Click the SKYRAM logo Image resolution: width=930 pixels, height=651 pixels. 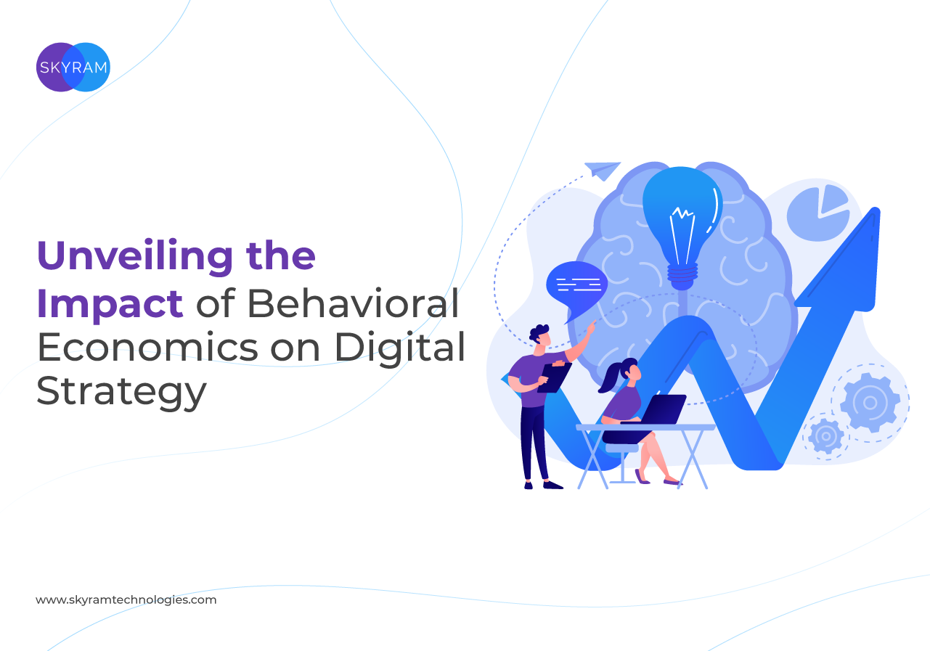(x=73, y=67)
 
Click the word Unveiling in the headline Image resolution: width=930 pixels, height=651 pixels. (x=135, y=257)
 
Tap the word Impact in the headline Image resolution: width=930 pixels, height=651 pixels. (x=110, y=305)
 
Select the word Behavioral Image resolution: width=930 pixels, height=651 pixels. (x=354, y=303)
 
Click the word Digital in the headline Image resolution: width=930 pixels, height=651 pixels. (x=399, y=349)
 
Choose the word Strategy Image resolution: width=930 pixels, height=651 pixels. (x=121, y=392)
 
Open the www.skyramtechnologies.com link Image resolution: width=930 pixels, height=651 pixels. (x=126, y=600)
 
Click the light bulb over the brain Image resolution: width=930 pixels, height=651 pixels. (x=682, y=228)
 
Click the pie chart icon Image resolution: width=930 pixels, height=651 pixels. (x=818, y=213)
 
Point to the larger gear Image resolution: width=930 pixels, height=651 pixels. (x=870, y=402)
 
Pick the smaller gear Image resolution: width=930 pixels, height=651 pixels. (x=825, y=436)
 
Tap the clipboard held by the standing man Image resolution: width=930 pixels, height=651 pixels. (x=554, y=377)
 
